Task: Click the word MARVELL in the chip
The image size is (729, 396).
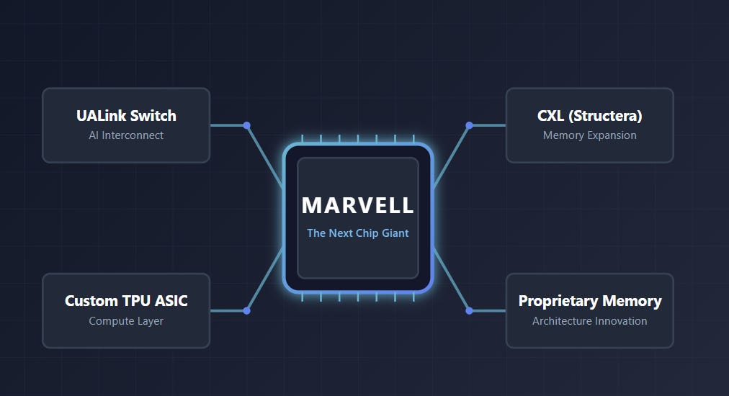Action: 357,205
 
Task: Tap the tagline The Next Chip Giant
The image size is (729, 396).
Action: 357,233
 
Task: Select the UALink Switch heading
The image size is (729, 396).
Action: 126,115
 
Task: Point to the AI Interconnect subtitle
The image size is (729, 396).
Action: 126,135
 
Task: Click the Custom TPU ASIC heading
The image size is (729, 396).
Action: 126,301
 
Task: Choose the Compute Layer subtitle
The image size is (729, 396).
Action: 126,321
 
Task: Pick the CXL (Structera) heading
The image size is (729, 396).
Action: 589,116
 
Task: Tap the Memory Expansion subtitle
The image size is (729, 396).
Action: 589,135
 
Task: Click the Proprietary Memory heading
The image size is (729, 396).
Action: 589,301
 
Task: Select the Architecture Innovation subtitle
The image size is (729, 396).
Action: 589,320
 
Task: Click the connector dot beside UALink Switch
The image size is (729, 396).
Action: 247,125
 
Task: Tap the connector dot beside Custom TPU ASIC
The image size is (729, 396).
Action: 247,310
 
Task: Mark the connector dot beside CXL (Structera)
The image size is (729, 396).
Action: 469,125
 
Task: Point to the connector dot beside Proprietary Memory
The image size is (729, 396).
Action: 469,310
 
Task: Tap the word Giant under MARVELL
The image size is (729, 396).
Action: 395,233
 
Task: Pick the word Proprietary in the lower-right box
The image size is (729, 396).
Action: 558,301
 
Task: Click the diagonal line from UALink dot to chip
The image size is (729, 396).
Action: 265,157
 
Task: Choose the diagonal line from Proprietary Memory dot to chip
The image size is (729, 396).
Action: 451,279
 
